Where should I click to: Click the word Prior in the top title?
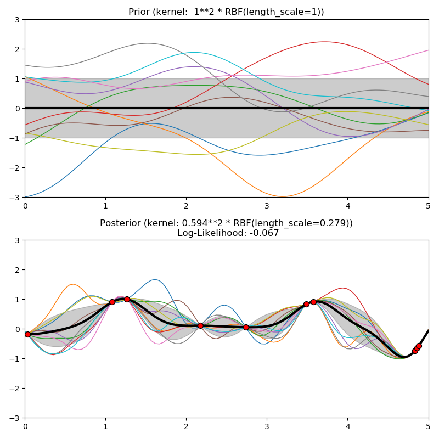[139, 12]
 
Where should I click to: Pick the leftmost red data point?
[27, 334]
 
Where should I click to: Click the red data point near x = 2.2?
[200, 325]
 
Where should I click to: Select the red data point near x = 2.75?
[246, 327]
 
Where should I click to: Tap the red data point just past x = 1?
[112, 302]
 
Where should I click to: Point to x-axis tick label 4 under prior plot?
[348, 205]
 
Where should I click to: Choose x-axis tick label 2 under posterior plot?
[186, 426]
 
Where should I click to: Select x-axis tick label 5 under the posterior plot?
[429, 426]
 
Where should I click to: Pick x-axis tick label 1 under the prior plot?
[105, 205]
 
